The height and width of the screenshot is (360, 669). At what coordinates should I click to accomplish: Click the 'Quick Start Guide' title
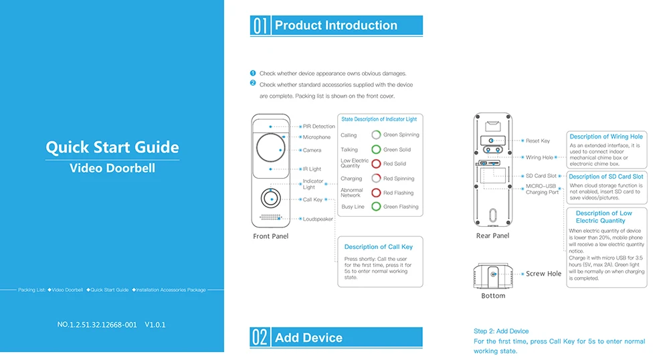[112, 147]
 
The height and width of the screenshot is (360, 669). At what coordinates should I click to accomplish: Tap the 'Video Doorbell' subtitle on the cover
[112, 168]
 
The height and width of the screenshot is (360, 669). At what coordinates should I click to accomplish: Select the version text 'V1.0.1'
[155, 325]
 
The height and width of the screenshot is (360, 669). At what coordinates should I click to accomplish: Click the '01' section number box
[260, 26]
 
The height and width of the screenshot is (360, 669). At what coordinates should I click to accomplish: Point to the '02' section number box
[260, 337]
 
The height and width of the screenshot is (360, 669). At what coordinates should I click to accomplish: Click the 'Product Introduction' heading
[336, 26]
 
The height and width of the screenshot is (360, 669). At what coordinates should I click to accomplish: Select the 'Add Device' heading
[308, 338]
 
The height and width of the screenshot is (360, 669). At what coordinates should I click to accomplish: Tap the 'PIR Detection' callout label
[318, 126]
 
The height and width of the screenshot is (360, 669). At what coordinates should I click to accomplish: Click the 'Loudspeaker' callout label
[318, 219]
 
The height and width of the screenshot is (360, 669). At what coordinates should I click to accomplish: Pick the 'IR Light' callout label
[312, 169]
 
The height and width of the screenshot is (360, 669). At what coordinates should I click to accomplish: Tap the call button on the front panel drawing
[270, 199]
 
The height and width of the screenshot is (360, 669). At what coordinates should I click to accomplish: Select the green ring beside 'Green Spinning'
[377, 135]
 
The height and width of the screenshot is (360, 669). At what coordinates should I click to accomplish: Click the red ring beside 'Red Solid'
[377, 164]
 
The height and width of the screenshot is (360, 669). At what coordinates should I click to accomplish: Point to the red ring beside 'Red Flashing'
[377, 193]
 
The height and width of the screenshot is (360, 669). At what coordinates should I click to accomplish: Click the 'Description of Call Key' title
[379, 247]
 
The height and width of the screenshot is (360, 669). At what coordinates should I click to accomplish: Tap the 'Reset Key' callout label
[538, 141]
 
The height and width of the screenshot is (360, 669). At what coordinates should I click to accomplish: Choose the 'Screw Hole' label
[544, 274]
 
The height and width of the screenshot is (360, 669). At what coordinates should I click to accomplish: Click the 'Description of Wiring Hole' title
[606, 137]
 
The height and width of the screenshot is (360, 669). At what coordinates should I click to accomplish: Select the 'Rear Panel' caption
[492, 236]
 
